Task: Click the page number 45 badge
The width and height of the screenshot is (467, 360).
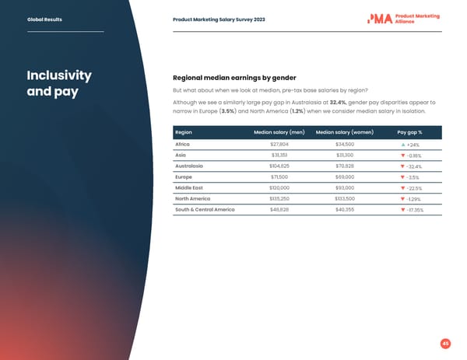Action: point(446,343)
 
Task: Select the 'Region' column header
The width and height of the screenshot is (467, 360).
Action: point(184,132)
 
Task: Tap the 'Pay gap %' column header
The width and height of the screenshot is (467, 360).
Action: point(409,132)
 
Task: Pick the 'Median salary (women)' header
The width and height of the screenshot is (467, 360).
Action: point(344,132)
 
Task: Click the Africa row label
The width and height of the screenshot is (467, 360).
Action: point(183,145)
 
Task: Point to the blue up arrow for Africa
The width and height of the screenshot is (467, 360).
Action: point(402,145)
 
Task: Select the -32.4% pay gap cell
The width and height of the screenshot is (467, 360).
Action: point(413,167)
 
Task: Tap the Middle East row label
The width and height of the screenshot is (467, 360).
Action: point(189,188)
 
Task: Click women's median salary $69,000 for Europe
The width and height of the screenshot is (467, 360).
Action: point(344,177)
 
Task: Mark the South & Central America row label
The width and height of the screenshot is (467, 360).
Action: point(205,210)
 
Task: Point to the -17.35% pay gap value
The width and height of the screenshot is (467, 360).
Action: point(415,211)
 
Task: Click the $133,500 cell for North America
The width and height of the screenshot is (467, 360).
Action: point(344,199)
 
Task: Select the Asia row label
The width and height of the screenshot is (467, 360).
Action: point(181,156)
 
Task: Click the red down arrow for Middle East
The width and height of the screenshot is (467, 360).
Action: point(402,189)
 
